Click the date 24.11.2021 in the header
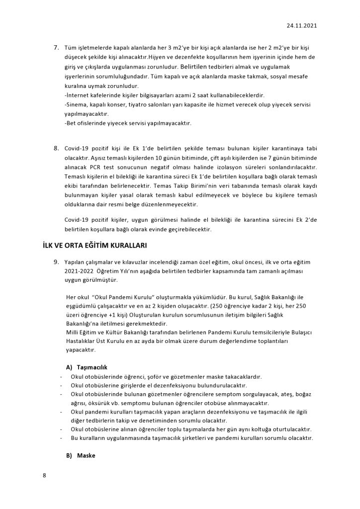[301, 24]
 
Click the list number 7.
[56, 48]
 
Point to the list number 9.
[56, 261]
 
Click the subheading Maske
[86, 455]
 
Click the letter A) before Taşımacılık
[69, 366]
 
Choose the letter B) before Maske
[69, 455]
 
